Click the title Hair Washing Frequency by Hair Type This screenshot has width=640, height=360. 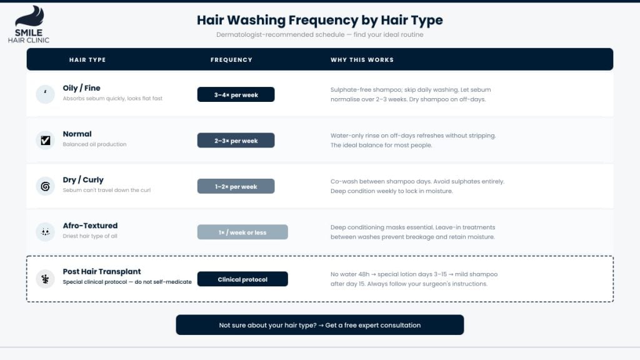coord(319,20)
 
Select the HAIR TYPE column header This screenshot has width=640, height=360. coord(87,60)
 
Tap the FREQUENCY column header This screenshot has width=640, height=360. coord(231,60)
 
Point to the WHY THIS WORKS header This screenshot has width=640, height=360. coord(362,60)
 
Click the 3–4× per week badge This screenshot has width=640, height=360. coord(236,95)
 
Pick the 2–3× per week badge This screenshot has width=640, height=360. coord(236,141)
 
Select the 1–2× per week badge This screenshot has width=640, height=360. coord(236,186)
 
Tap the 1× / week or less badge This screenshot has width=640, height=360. coord(242,232)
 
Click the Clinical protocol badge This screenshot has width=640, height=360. coord(242,279)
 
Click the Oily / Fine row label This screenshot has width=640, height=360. coord(81,88)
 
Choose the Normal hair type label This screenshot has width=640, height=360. coord(77,134)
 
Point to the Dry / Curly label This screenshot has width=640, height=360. coord(83,180)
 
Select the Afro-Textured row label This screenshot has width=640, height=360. coord(90,226)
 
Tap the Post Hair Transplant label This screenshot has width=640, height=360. coord(102,272)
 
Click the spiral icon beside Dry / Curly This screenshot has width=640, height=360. coord(45,186)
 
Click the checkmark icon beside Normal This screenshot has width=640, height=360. coord(45,141)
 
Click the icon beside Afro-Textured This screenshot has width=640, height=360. coord(45,232)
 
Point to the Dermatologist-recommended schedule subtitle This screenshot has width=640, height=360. coord(319,35)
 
